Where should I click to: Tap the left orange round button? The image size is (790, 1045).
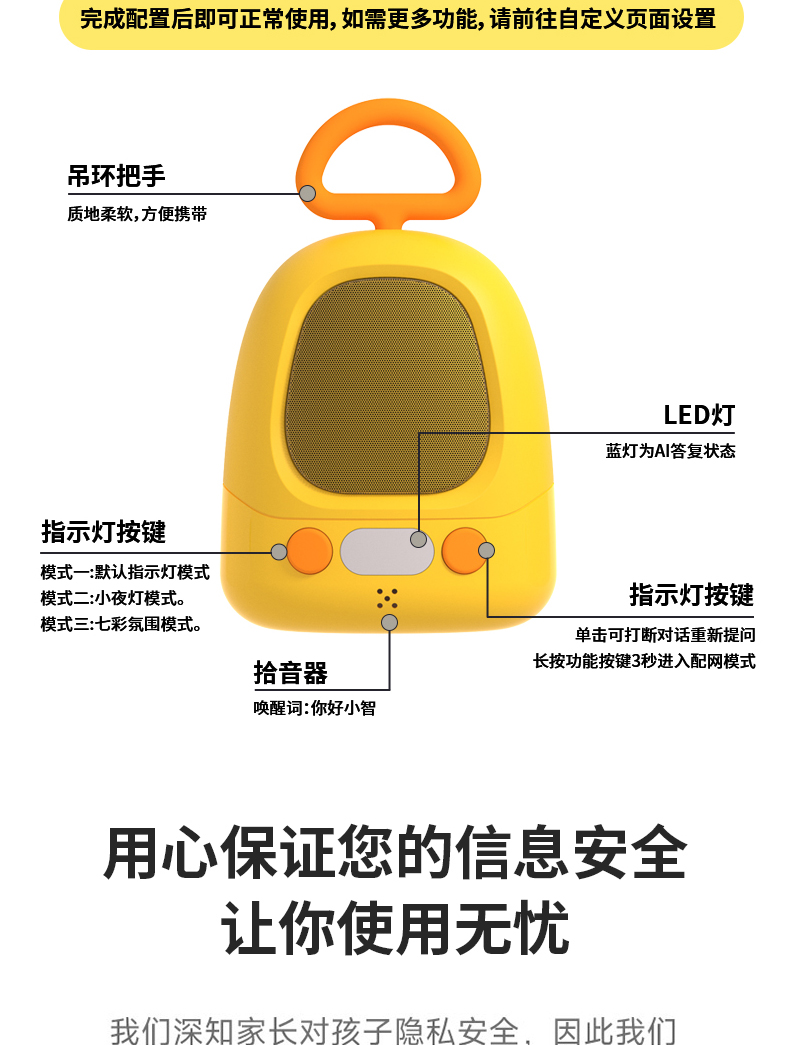311,551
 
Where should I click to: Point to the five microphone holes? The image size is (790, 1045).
387,598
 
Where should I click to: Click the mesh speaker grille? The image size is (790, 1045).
389,390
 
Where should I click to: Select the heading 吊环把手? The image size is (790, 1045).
116,177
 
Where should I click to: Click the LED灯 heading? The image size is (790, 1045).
699,415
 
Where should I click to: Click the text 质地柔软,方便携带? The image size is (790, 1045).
137,213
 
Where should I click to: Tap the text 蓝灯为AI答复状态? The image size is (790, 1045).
670,451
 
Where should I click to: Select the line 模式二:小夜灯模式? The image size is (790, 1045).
113,598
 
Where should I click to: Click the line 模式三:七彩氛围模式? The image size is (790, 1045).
121,624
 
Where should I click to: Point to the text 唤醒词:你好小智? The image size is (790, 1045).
314,708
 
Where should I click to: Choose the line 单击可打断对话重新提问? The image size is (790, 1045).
665,634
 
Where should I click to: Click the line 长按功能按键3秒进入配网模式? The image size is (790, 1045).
644,660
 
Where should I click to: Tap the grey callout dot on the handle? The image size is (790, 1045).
308,193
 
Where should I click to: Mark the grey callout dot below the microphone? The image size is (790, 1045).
390,622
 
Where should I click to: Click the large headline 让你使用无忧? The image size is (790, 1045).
395,928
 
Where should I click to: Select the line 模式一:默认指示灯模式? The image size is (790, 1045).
125,572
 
